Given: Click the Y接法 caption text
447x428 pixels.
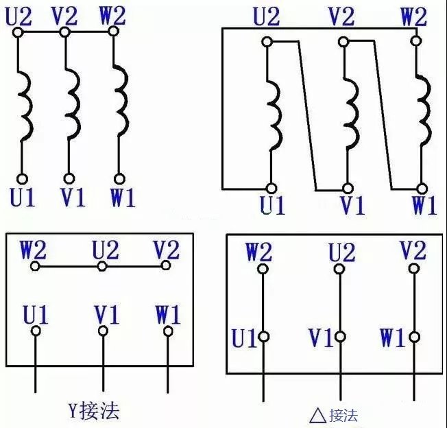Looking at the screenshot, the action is pos(93,411).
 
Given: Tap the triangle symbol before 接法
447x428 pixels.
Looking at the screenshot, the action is pos(317,415).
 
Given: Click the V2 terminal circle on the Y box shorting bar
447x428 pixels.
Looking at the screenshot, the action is pos(165,265).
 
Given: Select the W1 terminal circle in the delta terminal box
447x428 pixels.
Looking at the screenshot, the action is pos(414,337).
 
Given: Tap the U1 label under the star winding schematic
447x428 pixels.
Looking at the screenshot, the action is pos(22,198).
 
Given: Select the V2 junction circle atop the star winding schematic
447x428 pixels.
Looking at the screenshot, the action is pos(65,32).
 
